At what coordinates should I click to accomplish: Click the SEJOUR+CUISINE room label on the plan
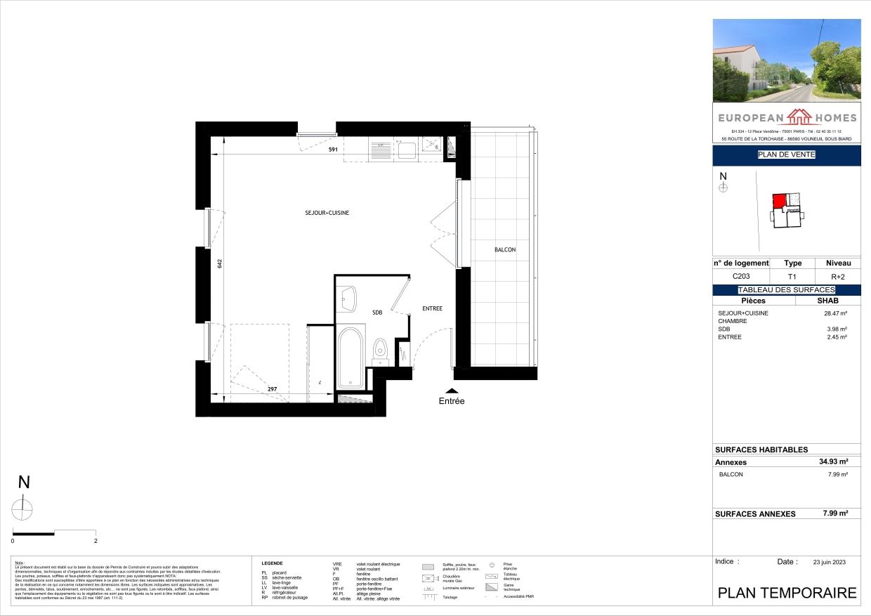click(327, 213)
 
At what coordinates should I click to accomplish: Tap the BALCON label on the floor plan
click(504, 250)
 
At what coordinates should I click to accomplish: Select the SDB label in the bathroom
click(377, 313)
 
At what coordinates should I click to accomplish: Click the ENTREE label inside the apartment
click(432, 308)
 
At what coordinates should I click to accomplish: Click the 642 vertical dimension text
click(219, 263)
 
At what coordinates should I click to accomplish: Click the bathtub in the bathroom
click(351, 357)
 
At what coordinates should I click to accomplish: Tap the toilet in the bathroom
click(380, 349)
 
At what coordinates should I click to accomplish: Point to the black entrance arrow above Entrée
click(452, 391)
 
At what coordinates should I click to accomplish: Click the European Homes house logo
click(786, 116)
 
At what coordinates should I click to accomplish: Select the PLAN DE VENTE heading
click(786, 155)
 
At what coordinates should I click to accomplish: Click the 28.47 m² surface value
click(834, 313)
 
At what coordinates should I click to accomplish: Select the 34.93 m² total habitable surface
click(833, 461)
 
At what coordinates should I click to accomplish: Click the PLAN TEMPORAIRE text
click(787, 593)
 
